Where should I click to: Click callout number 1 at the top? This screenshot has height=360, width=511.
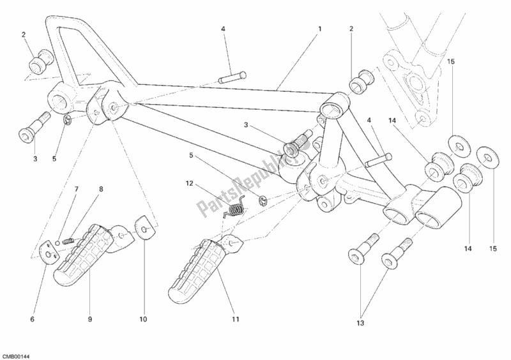point(320,29)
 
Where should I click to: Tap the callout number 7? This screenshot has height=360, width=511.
point(76,190)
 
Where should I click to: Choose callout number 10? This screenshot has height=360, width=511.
point(143,319)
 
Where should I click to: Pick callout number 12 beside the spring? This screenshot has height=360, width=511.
point(188,184)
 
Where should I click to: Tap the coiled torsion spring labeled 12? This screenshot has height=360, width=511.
point(236,208)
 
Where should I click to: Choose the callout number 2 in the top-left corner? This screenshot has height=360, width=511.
point(24,34)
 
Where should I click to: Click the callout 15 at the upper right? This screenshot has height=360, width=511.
point(450,61)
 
